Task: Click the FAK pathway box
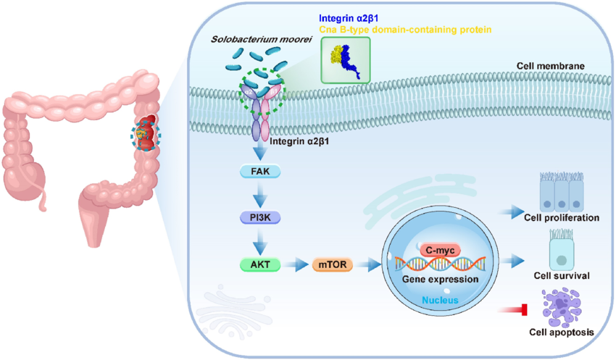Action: [x=259, y=172]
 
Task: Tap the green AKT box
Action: [x=259, y=264]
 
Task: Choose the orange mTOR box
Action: [x=333, y=264]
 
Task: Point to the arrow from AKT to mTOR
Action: [x=296, y=264]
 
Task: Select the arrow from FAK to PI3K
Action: [x=259, y=195]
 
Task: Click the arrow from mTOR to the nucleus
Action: [x=370, y=264]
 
